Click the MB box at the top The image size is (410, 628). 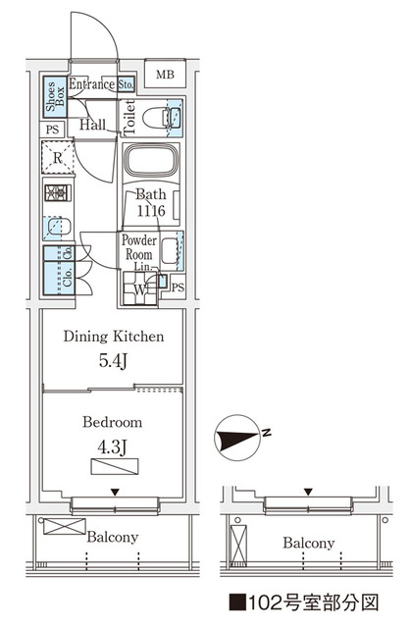click(167, 73)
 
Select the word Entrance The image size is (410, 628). click(92, 85)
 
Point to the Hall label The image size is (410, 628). click(95, 125)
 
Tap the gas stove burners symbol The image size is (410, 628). click(58, 194)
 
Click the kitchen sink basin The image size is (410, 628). click(58, 229)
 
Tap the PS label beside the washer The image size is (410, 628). click(177, 287)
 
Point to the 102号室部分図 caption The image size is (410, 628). click(315, 602)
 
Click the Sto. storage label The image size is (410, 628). click(126, 85)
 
